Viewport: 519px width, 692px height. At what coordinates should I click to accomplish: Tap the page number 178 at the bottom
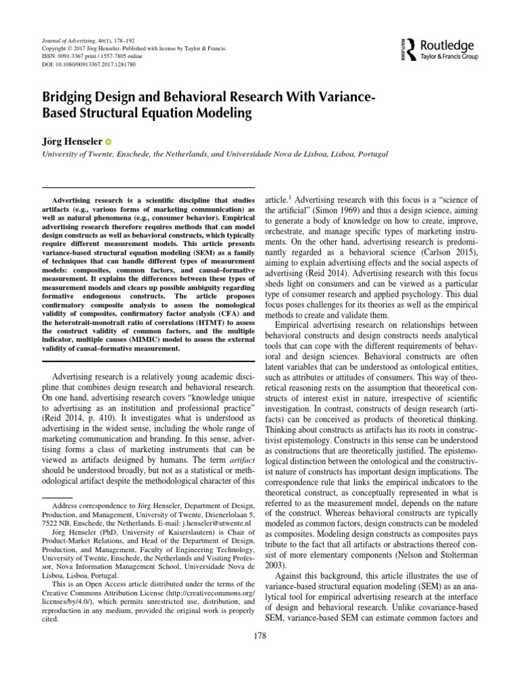tap(260, 635)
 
